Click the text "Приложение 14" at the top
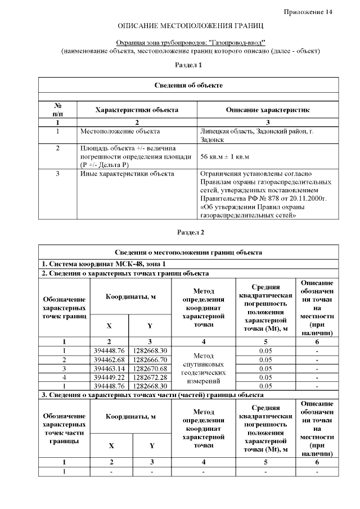pos(308,12)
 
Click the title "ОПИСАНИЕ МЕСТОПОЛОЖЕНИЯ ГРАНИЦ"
pos(190,26)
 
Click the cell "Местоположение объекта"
pos(120,131)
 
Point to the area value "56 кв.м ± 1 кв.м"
pos(224,156)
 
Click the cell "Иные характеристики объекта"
pos(127,174)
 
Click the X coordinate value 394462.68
pos(109,359)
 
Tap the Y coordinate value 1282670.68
pos(150,368)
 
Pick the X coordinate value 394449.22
pos(109,377)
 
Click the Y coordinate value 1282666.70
pos(150,359)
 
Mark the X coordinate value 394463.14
pos(109,368)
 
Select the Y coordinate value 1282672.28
pos(150,377)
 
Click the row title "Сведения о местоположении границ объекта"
pos(188,253)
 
